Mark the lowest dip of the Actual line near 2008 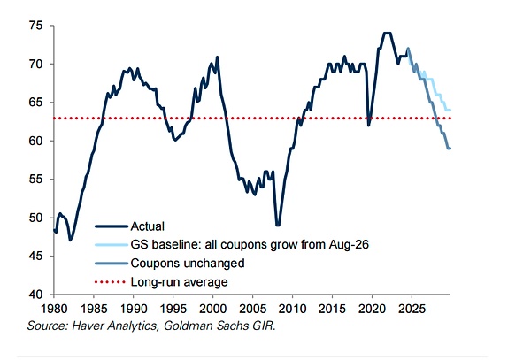click(x=278, y=225)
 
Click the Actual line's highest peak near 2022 click(x=387, y=34)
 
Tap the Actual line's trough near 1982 click(x=70, y=240)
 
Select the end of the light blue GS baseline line click(x=450, y=110)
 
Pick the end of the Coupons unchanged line click(x=450, y=148)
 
